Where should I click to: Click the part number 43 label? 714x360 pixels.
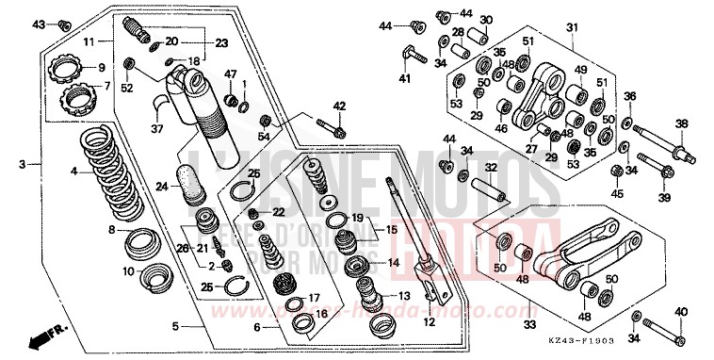coord(39,24)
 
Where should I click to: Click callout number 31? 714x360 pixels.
coord(571,28)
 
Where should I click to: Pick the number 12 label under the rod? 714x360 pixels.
coord(428,322)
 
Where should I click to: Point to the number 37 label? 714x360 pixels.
coord(158,129)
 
